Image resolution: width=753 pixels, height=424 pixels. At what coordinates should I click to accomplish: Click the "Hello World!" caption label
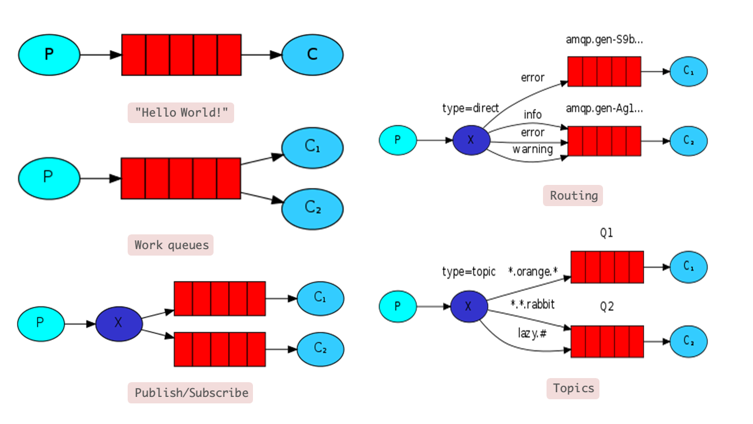[x=181, y=112]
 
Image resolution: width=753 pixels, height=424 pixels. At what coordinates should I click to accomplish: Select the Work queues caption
[x=171, y=245]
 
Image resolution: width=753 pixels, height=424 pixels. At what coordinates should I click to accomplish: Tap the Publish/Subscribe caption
[x=191, y=393]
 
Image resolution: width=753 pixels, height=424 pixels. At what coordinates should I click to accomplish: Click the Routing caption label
[x=573, y=196]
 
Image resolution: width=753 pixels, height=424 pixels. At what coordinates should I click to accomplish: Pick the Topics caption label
[x=573, y=388]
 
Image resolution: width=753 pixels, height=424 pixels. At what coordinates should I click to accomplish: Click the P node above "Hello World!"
[x=49, y=55]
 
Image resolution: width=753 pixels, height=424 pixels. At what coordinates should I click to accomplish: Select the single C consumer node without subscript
[x=312, y=55]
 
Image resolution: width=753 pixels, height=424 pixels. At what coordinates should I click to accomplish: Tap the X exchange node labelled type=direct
[x=471, y=140]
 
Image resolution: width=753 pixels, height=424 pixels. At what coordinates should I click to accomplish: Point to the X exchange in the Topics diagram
[x=469, y=306]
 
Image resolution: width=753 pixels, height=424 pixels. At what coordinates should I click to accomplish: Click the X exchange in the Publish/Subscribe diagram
[x=119, y=323]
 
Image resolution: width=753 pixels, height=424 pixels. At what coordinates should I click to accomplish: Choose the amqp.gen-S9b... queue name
[x=604, y=40]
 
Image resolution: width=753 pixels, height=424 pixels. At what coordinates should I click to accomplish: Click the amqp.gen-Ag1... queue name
[x=604, y=109]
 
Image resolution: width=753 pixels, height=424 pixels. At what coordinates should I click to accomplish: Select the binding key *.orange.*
[x=533, y=271]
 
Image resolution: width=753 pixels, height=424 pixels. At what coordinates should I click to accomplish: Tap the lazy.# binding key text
[x=532, y=333]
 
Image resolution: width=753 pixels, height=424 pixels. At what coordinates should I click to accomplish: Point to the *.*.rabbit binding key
[x=532, y=304]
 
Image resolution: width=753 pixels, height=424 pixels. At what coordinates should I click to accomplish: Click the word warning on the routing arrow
[x=532, y=149]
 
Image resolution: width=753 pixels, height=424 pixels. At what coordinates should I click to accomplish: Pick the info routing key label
[x=532, y=114]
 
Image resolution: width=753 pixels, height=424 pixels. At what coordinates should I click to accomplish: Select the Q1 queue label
[x=607, y=233]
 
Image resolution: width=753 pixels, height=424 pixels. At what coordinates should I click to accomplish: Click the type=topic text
[x=469, y=271]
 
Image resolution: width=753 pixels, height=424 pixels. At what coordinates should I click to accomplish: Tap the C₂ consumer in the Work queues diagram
[x=312, y=208]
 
